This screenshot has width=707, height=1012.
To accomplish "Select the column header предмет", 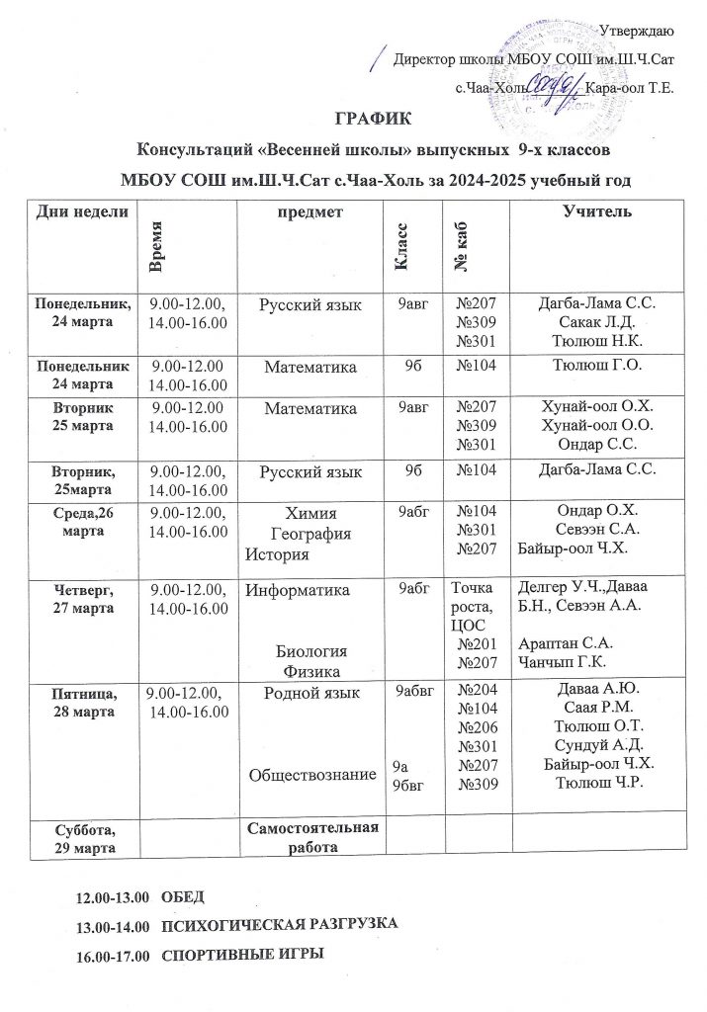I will tap(309, 211).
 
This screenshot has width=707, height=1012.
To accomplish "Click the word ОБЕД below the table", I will tap(181, 897).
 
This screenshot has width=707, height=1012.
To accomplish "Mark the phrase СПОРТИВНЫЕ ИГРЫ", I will tap(242, 957).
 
